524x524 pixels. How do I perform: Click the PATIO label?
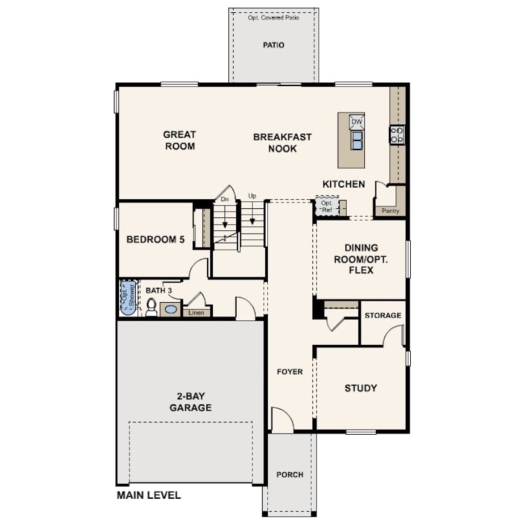pyautogui.click(x=274, y=45)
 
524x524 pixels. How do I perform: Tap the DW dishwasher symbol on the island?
pyautogui.click(x=356, y=122)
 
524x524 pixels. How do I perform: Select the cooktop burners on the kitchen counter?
pyautogui.click(x=397, y=135)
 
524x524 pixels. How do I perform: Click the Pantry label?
pyautogui.click(x=390, y=211)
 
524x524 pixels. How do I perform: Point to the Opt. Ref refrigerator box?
pyautogui.click(x=327, y=206)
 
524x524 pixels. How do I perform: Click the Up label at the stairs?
pyautogui.click(x=252, y=196)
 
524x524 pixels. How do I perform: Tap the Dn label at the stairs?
pyautogui.click(x=225, y=199)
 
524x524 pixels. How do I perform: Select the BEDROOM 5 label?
pyautogui.click(x=155, y=239)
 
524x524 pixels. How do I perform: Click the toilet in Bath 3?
pyautogui.click(x=151, y=307)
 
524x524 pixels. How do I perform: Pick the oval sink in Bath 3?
pyautogui.click(x=171, y=309)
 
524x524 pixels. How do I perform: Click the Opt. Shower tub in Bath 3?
pyautogui.click(x=128, y=298)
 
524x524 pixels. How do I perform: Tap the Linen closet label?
pyautogui.click(x=196, y=313)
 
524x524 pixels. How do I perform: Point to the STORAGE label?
pyautogui.click(x=383, y=316)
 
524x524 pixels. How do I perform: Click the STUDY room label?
pyautogui.click(x=361, y=388)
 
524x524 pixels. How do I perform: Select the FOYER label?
pyautogui.click(x=290, y=371)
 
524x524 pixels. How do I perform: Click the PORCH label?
pyautogui.click(x=290, y=475)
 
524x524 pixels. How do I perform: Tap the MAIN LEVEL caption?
pyautogui.click(x=149, y=496)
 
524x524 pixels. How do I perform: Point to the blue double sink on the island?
pyautogui.click(x=357, y=140)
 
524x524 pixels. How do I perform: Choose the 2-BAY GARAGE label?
pyautogui.click(x=190, y=402)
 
